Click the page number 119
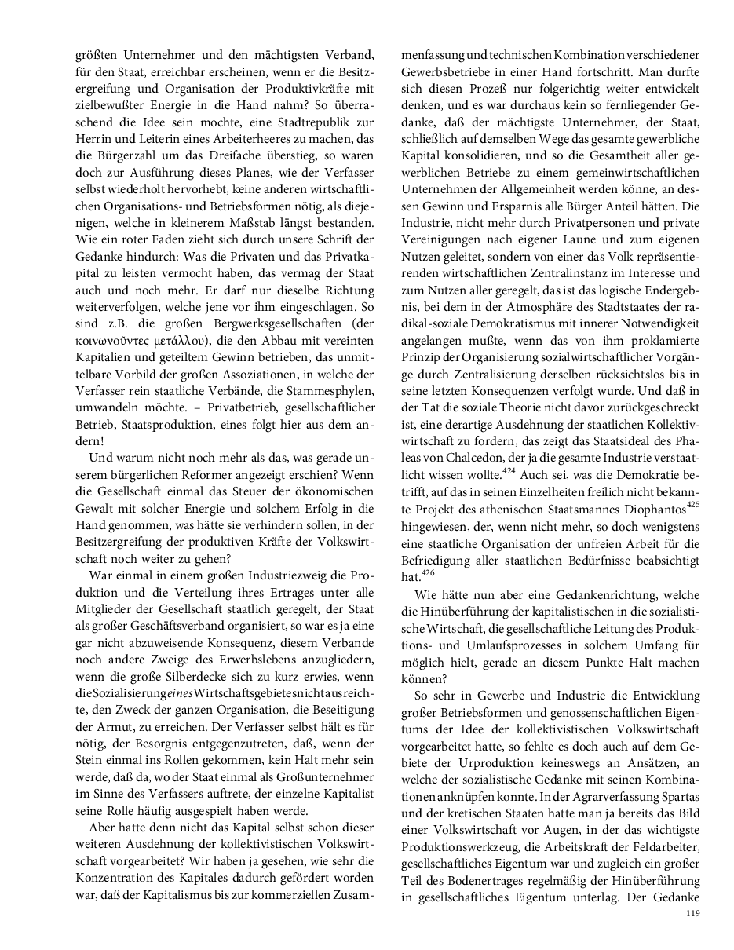point(692,913)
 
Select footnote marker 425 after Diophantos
point(692,504)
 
